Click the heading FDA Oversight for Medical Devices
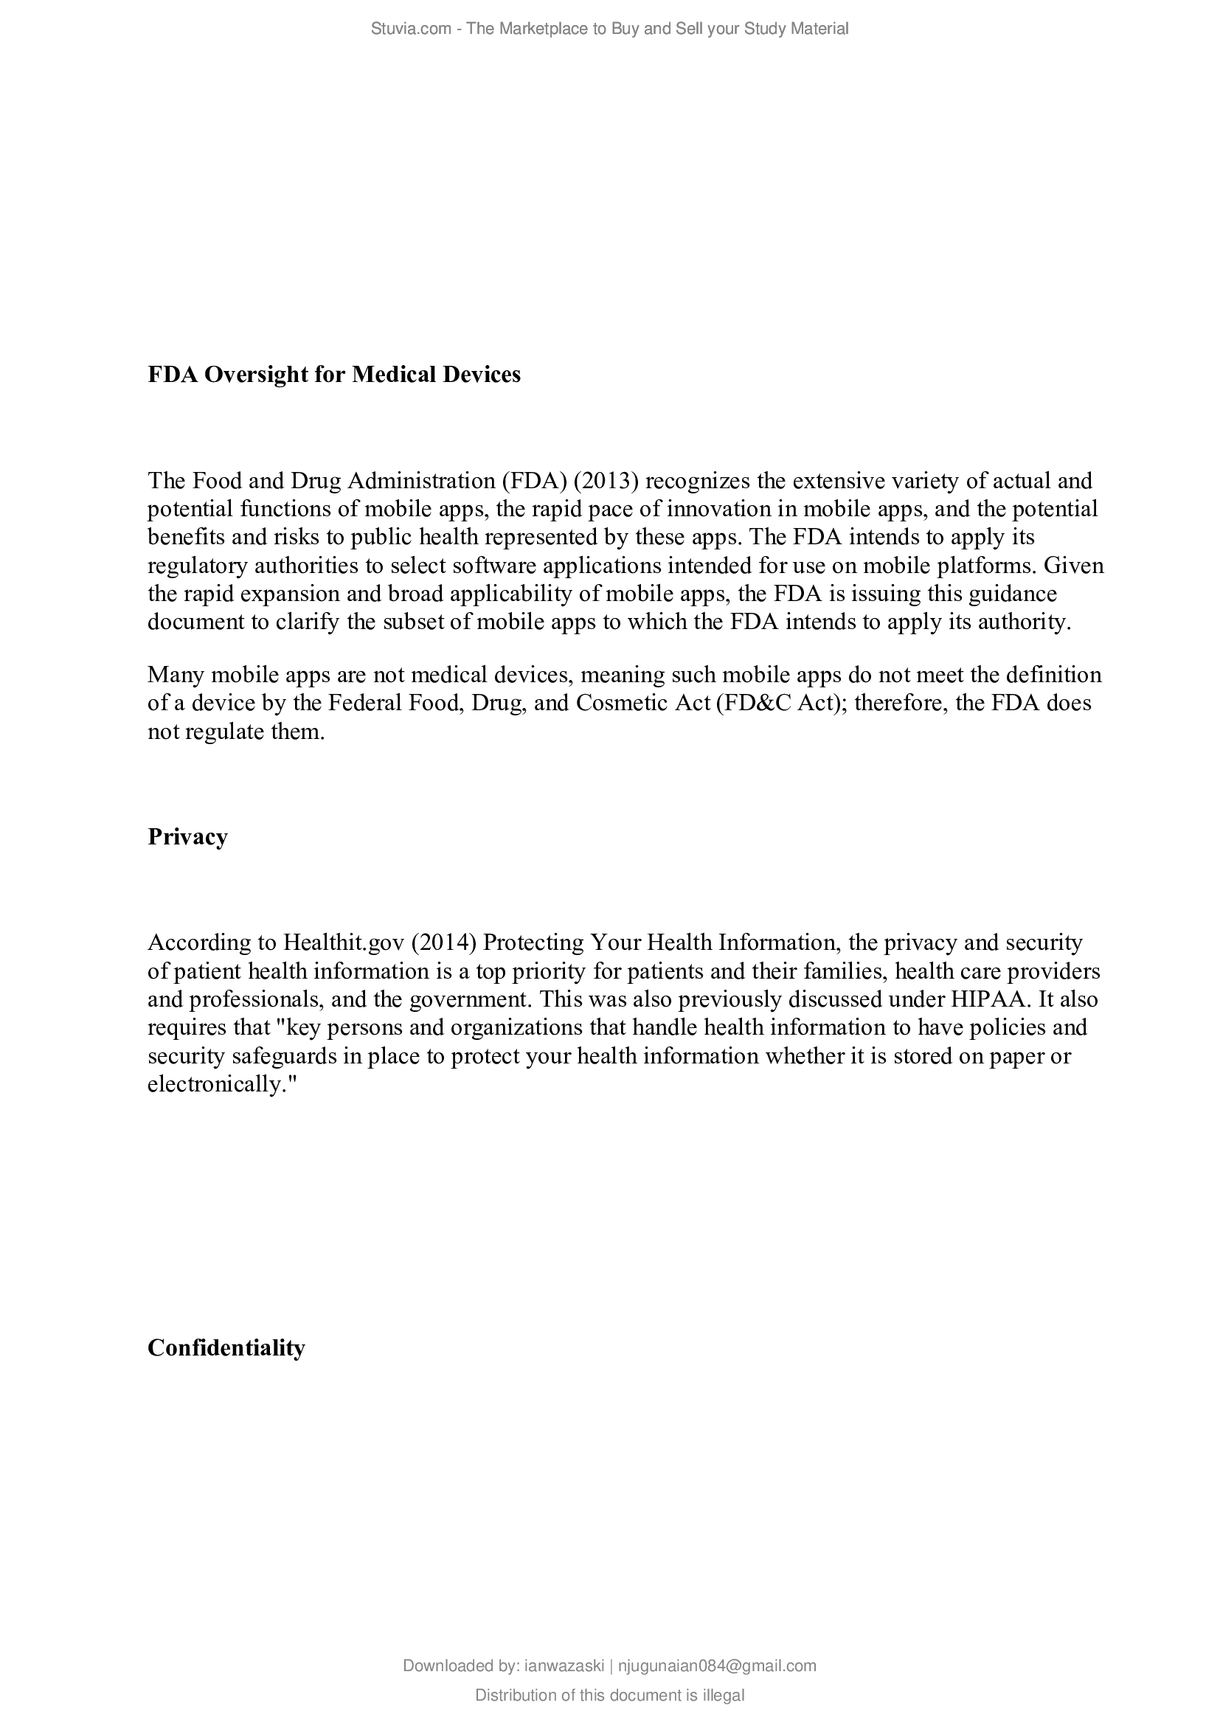tap(333, 374)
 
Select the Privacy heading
tap(187, 836)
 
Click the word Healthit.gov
tap(343, 942)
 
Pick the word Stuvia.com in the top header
tap(410, 29)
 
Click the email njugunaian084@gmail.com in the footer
tap(716, 1666)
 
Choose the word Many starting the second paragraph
tap(176, 674)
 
